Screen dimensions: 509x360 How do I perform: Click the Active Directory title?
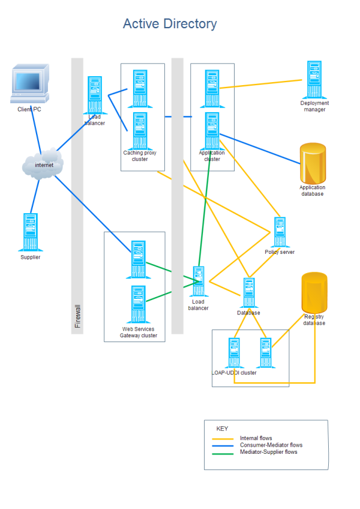pyautogui.click(x=170, y=24)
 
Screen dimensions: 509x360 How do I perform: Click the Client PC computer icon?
pyautogui.click(x=29, y=85)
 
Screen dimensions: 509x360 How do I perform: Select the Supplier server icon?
pyautogui.click(x=30, y=232)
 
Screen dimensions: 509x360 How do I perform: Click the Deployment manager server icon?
pyautogui.click(x=314, y=79)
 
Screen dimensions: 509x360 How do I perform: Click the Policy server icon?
pyautogui.click(x=280, y=232)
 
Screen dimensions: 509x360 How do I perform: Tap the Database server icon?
pyautogui.click(x=249, y=293)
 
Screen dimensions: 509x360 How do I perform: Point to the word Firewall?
pyautogui.click(x=77, y=316)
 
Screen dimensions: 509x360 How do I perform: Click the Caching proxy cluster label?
pyautogui.click(x=140, y=156)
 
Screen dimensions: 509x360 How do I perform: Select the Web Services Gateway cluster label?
pyautogui.click(x=139, y=333)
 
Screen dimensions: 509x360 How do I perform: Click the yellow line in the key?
pyautogui.click(x=223, y=439)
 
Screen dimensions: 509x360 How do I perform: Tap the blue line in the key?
pyautogui.click(x=223, y=445)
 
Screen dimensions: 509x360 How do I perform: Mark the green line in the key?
pyautogui.click(x=223, y=453)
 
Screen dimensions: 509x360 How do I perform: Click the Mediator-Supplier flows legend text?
pyautogui.click(x=268, y=452)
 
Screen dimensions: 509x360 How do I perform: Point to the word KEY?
pyautogui.click(x=222, y=429)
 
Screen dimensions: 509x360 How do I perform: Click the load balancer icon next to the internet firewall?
pyautogui.click(x=94, y=94)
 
